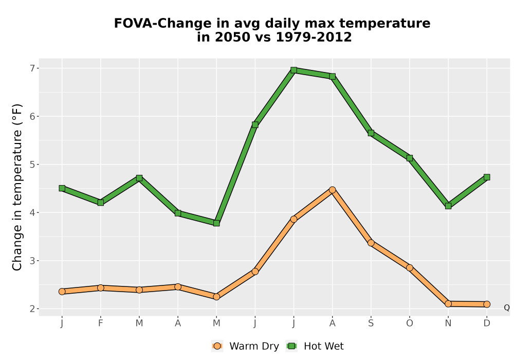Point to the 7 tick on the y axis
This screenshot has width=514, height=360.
click(x=32, y=68)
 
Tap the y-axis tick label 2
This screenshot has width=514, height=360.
click(x=32, y=309)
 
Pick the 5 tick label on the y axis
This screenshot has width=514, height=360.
click(x=32, y=165)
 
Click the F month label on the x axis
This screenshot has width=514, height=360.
click(x=101, y=323)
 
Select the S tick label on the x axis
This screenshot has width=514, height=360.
click(x=371, y=323)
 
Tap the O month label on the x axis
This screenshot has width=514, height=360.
click(x=410, y=323)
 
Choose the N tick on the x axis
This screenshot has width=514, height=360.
click(x=448, y=323)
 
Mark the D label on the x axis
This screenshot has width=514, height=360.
click(x=487, y=323)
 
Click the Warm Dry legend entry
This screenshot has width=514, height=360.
click(x=245, y=346)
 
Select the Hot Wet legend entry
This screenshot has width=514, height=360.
click(x=315, y=346)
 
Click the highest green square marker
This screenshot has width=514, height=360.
click(x=293, y=70)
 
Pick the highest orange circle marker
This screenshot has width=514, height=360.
click(x=333, y=190)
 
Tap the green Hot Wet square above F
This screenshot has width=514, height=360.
click(x=101, y=203)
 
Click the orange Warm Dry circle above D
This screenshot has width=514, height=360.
click(x=487, y=304)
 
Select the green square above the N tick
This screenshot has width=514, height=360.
click(x=448, y=206)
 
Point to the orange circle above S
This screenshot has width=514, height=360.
click(x=371, y=243)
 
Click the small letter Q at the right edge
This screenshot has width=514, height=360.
click(x=507, y=308)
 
